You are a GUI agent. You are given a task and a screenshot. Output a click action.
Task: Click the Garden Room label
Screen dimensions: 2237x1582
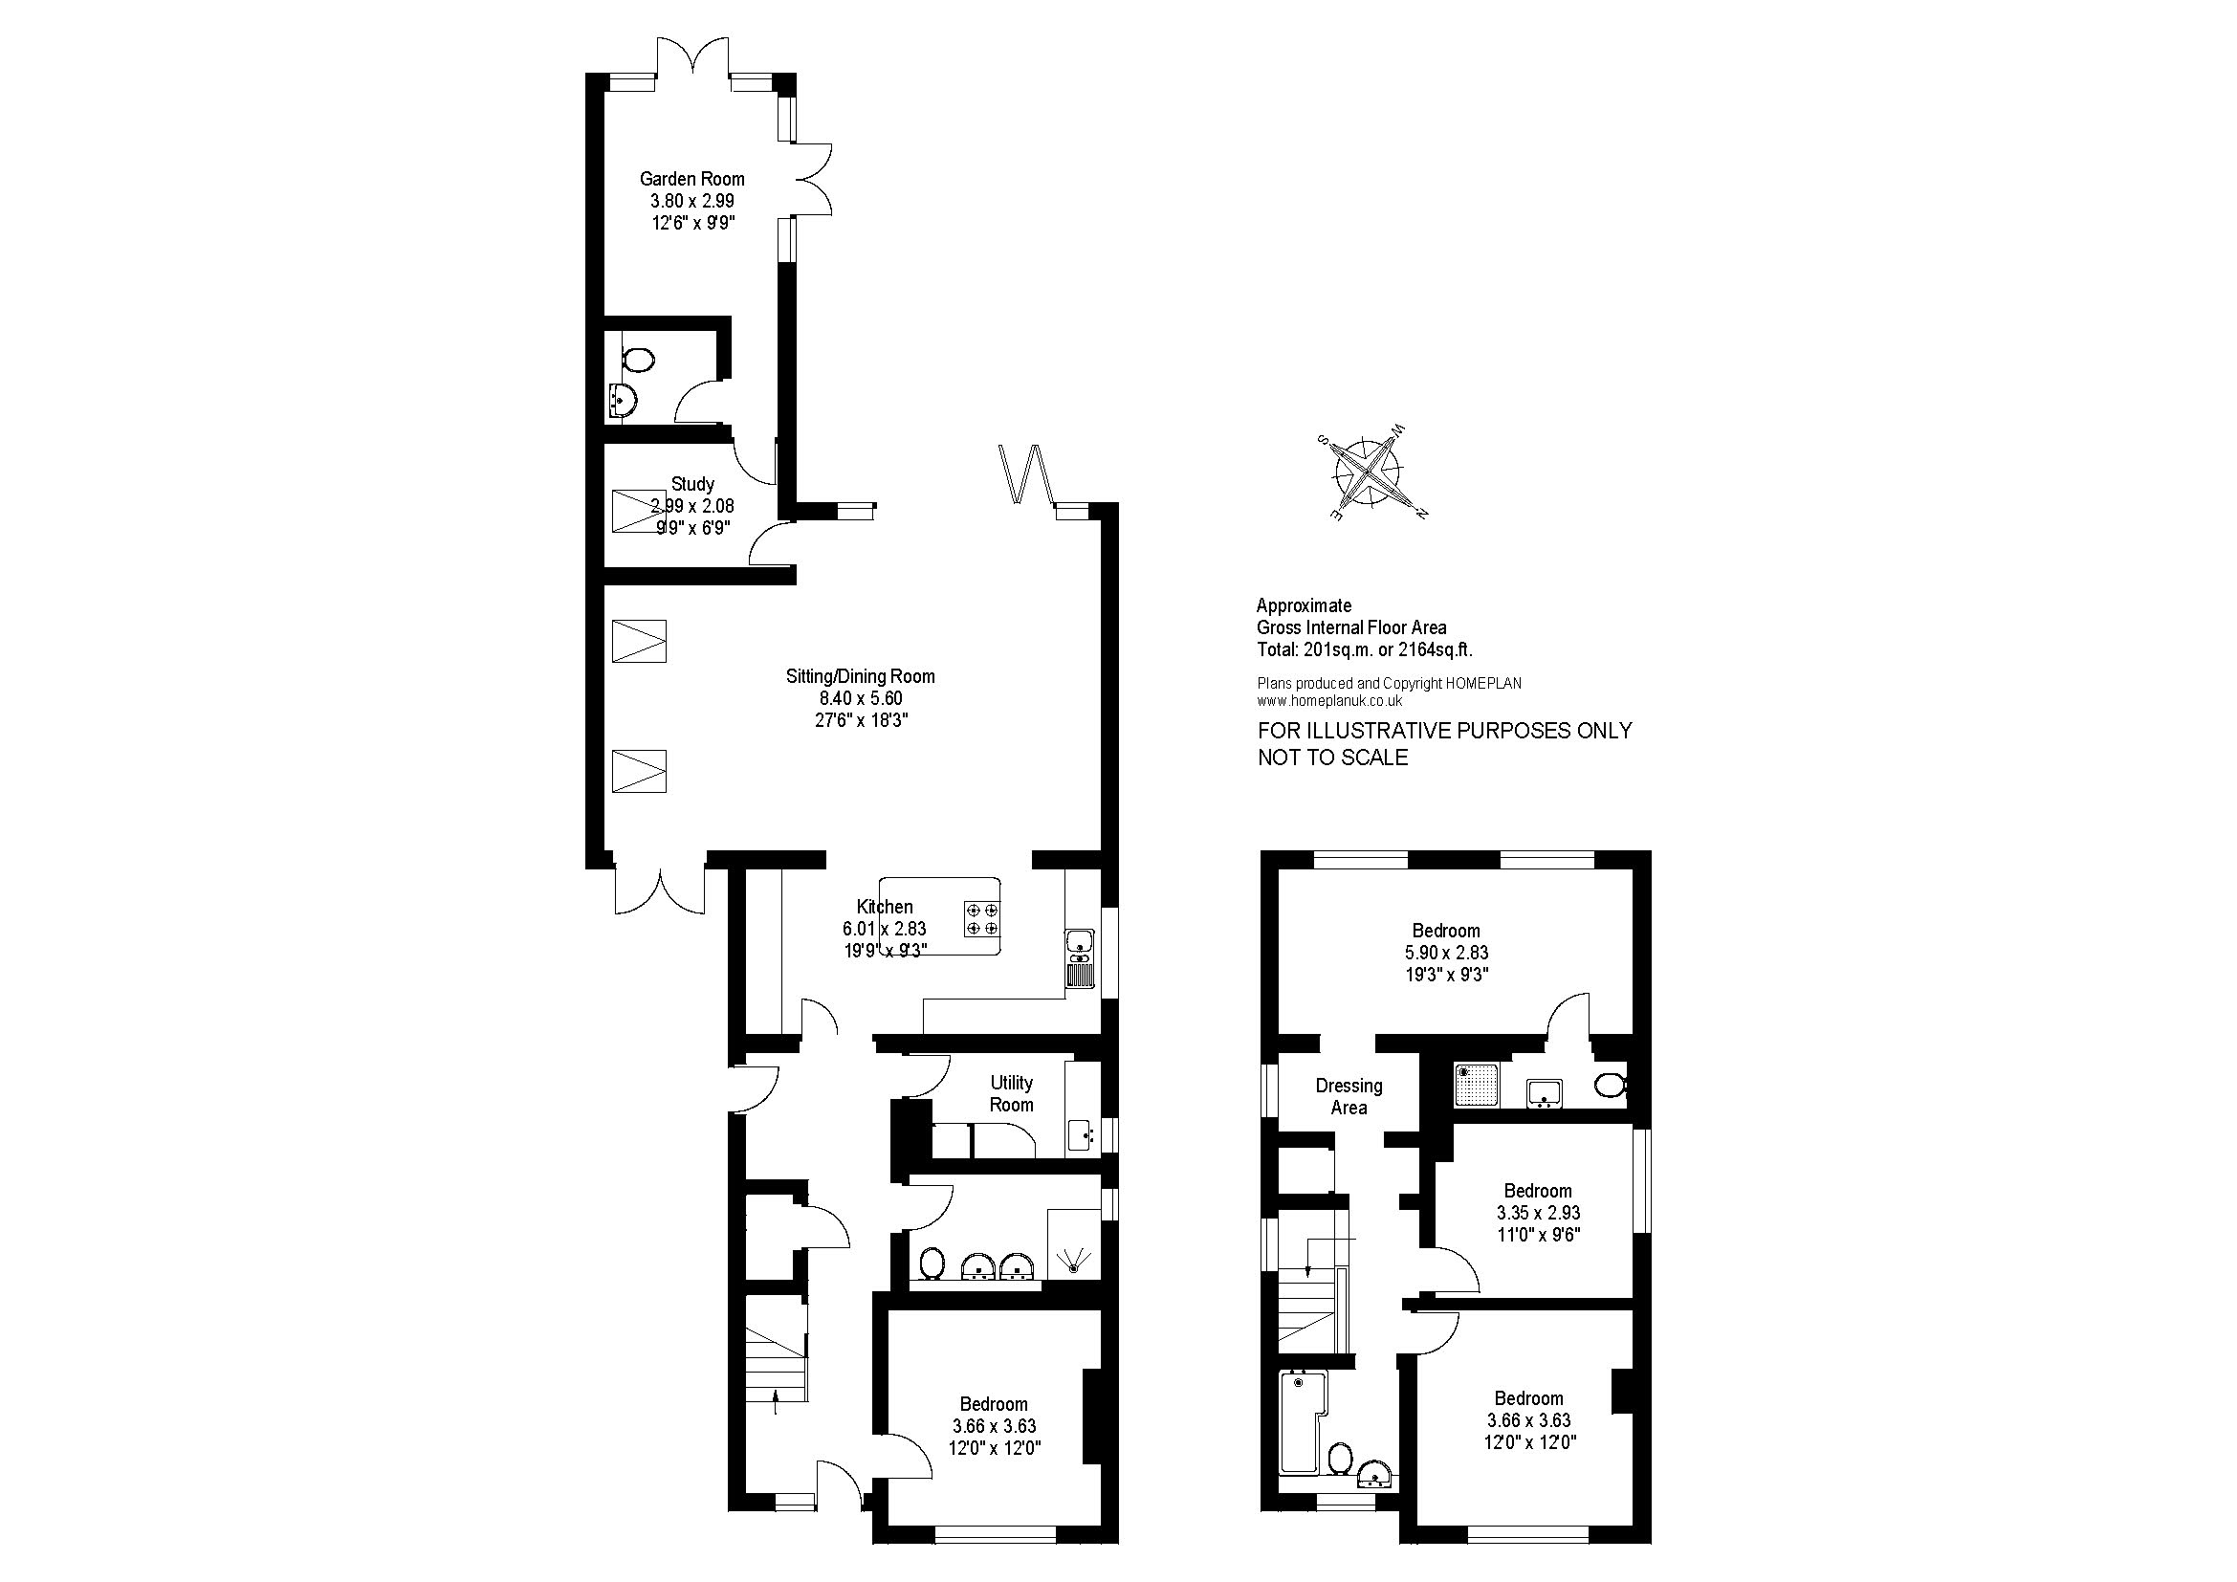[x=691, y=179]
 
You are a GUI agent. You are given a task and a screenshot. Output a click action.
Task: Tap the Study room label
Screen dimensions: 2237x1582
[x=692, y=484]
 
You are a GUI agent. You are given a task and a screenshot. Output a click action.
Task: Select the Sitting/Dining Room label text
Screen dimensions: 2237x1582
[x=861, y=676]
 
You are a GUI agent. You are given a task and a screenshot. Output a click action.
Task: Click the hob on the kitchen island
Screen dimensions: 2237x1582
[x=982, y=919]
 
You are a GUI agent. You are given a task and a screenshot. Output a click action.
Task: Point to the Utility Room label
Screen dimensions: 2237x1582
[x=1011, y=1093]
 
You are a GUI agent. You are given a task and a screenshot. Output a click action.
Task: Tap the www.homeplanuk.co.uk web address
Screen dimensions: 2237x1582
[x=1330, y=700]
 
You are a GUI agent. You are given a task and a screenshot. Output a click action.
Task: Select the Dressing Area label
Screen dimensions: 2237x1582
[x=1349, y=1096]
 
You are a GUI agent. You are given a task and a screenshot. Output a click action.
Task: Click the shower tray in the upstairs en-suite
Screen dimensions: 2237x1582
[x=1478, y=1086]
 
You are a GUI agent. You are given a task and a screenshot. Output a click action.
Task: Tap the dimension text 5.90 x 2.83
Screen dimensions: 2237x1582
[x=1446, y=953]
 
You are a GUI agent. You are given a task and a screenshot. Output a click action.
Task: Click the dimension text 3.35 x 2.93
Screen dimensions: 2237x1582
[x=1538, y=1213]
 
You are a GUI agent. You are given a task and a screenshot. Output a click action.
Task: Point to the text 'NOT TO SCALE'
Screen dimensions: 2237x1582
[x=1333, y=758]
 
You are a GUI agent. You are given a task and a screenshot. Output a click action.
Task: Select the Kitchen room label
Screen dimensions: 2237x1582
[x=885, y=907]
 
